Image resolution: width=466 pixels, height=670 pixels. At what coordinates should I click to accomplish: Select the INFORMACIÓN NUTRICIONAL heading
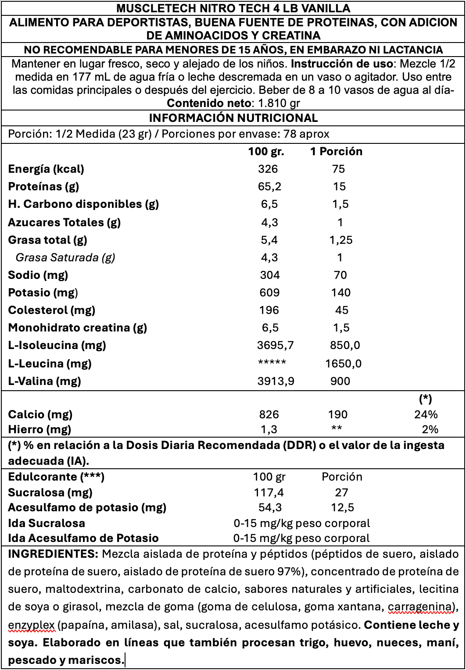(x=233, y=118)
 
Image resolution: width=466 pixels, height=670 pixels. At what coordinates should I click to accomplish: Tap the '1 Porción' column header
(x=336, y=152)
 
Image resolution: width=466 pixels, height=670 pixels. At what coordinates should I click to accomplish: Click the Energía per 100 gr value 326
(x=268, y=169)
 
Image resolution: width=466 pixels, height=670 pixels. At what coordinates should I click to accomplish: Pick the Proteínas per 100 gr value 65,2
(x=269, y=187)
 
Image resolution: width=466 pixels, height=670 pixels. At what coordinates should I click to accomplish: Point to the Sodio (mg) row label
(x=38, y=275)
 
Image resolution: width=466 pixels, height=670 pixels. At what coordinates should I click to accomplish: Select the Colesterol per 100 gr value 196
(x=269, y=310)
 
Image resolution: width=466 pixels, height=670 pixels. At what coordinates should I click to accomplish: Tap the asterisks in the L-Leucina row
(x=272, y=363)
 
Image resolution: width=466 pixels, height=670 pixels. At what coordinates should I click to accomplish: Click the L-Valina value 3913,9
(x=276, y=381)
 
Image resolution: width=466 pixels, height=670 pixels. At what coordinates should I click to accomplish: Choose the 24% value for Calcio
(x=426, y=414)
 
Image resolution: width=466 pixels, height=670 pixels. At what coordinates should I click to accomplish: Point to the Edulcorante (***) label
(x=57, y=477)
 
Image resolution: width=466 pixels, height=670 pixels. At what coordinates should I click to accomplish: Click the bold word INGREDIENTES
(x=54, y=554)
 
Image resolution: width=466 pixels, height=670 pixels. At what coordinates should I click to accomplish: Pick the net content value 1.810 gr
(x=279, y=103)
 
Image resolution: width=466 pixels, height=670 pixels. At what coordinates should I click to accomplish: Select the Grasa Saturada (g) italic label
(x=65, y=257)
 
